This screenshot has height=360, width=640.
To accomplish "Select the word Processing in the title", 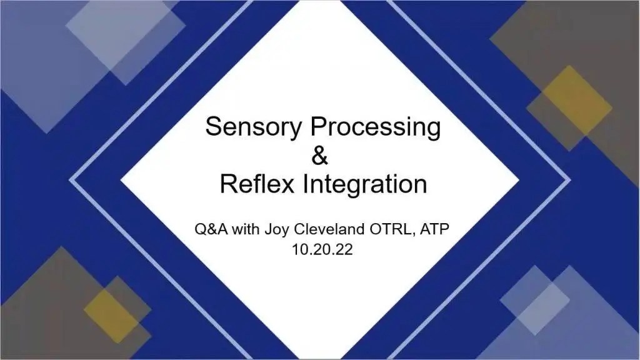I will click(376, 127).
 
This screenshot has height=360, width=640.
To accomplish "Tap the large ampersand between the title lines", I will click(319, 156).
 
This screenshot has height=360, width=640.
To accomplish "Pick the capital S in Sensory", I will click(213, 127).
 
